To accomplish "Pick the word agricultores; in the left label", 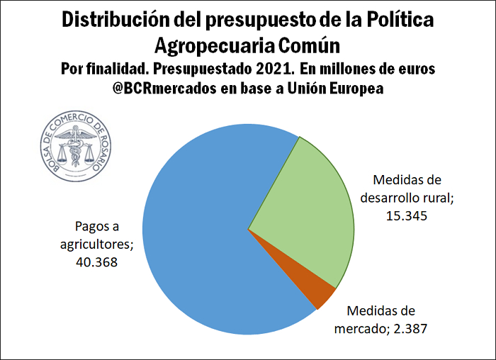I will [96, 244].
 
